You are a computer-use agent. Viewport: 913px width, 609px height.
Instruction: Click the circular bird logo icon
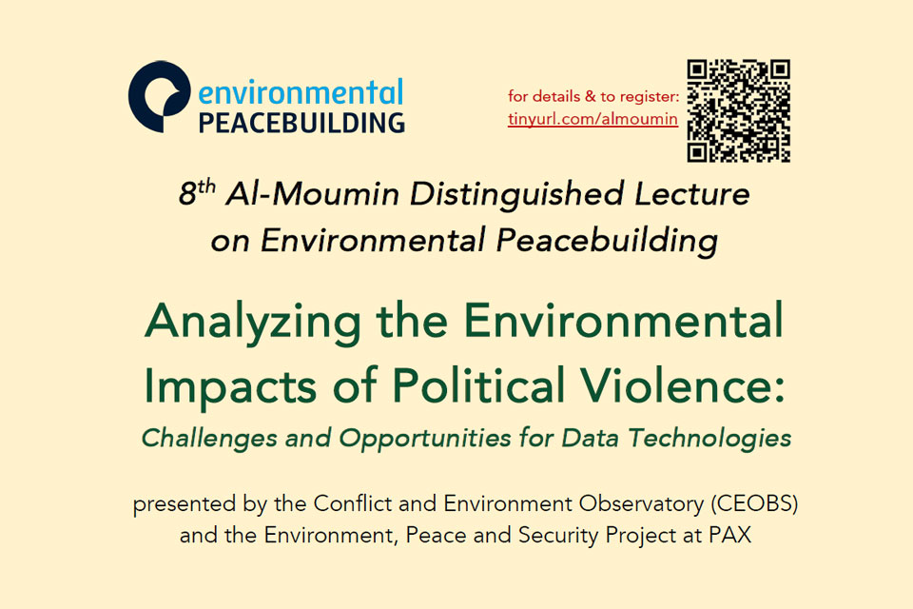tap(160, 97)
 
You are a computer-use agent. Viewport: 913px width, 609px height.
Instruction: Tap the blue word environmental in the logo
tap(301, 92)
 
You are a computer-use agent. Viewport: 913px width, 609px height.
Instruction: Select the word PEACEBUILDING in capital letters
tap(301, 123)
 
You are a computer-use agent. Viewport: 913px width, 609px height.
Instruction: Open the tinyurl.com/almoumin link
tap(592, 119)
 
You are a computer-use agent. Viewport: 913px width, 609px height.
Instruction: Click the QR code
tap(738, 110)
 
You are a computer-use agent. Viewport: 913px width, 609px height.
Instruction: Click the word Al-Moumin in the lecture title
tap(313, 193)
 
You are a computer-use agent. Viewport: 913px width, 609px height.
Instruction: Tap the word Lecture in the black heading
tap(692, 193)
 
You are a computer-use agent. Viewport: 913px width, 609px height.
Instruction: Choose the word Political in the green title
tap(478, 384)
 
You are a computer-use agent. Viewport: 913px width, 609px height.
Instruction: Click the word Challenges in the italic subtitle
tap(209, 439)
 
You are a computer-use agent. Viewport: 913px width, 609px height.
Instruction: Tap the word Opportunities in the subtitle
tap(425, 439)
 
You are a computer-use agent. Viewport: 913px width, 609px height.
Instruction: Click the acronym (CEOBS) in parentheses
tap(754, 504)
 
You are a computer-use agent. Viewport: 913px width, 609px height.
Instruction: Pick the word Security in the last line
tap(558, 536)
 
